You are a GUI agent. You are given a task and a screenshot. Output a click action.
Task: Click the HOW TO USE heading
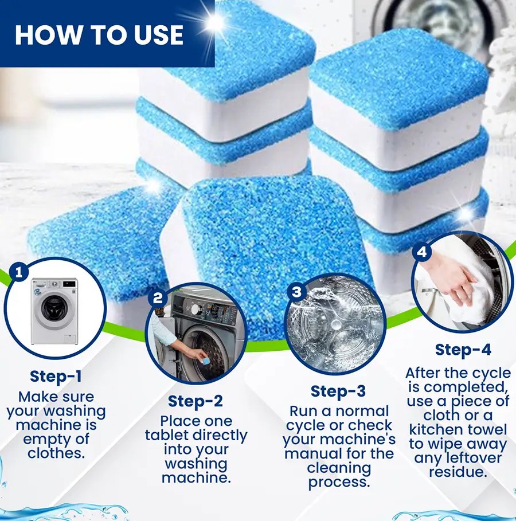tap(99, 34)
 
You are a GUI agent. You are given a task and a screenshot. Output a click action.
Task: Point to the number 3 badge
tap(296, 292)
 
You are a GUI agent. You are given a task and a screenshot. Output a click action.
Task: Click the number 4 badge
tap(423, 251)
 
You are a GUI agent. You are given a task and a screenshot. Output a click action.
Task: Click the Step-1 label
tap(56, 377)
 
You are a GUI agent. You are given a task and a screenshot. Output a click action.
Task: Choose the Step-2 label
tap(196, 401)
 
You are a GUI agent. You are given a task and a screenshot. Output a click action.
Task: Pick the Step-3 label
tap(338, 391)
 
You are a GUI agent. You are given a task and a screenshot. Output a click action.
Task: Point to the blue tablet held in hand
tap(201, 355)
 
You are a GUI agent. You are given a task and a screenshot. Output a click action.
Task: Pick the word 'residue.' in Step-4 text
tap(458, 472)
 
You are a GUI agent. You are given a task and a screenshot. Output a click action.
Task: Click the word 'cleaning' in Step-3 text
tap(338, 468)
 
